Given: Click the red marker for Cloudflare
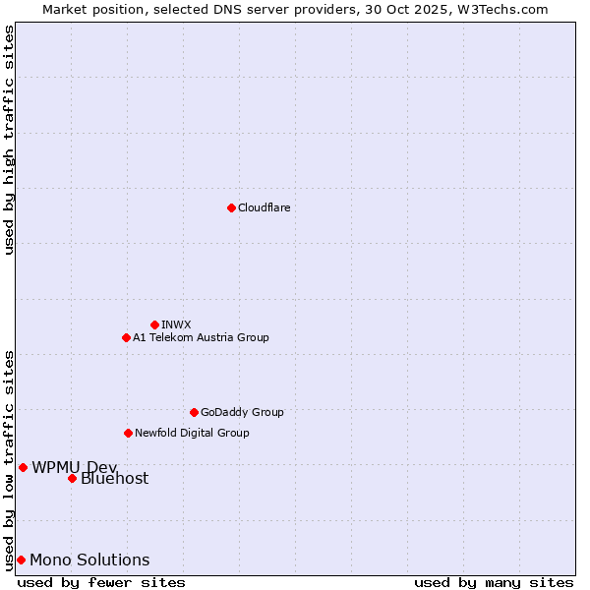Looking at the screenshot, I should pyautogui.click(x=231, y=207).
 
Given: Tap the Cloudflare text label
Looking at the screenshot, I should pyautogui.click(x=264, y=207).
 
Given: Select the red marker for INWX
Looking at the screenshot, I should pyautogui.click(x=154, y=324).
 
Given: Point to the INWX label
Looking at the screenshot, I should pyautogui.click(x=176, y=324).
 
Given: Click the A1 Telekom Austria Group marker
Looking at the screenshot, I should pyautogui.click(x=126, y=337).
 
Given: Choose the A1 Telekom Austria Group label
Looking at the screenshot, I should pyautogui.click(x=201, y=337).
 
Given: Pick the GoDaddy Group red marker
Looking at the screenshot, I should pyautogui.click(x=194, y=412).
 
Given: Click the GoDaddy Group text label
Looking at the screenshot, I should pyautogui.click(x=242, y=412).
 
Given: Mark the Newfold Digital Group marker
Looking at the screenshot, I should pyautogui.click(x=128, y=433).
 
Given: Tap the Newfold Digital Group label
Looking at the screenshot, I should pyautogui.click(x=192, y=433).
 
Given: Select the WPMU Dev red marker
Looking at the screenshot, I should pyautogui.click(x=23, y=467).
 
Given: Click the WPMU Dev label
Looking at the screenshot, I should pyautogui.click(x=74, y=467).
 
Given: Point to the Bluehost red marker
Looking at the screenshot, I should pyautogui.click(x=72, y=479).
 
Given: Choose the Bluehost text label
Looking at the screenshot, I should pyautogui.click(x=114, y=479).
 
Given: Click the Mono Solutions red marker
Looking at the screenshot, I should pyautogui.click(x=21, y=560).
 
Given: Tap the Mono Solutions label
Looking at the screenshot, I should pyautogui.click(x=89, y=560).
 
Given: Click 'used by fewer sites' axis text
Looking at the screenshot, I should pyautogui.click(x=101, y=582).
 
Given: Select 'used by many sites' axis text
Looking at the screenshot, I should pyautogui.click(x=494, y=582).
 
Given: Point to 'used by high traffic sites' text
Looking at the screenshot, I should pyautogui.click(x=9, y=140).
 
